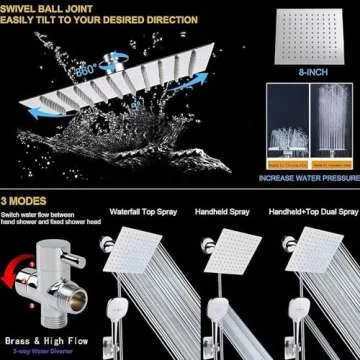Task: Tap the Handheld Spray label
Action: click(x=227, y=213)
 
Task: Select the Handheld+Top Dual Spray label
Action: click(x=311, y=213)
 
